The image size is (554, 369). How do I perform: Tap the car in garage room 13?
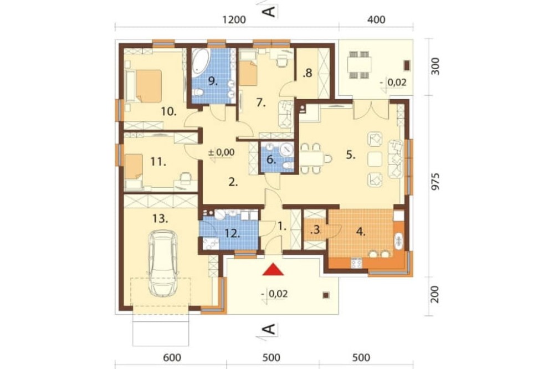163,263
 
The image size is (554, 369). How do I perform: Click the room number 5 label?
351,155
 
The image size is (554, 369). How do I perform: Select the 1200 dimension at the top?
234,19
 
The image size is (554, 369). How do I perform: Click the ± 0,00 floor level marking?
221,152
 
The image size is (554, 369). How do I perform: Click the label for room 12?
233,233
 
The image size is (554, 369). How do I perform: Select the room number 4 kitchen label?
361,232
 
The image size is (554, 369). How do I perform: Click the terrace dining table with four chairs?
360,65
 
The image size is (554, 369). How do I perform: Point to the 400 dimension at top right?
376,19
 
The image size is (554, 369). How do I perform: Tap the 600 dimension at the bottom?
172,357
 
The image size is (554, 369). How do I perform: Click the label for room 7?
261,103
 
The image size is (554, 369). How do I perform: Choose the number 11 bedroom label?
158,162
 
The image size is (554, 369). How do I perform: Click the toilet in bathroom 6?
288,166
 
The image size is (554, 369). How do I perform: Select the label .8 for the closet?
307,73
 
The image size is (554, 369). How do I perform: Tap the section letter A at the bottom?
270,330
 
